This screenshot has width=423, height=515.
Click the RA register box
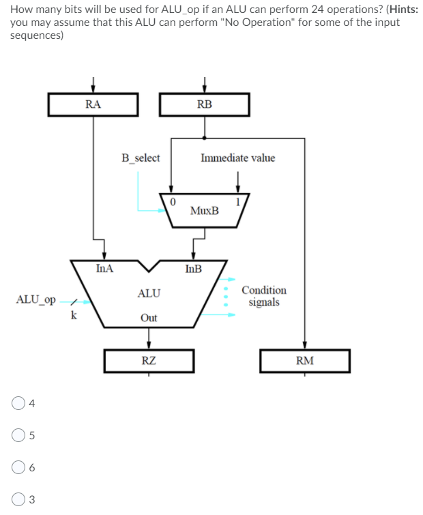(x=93, y=104)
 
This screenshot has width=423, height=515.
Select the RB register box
(x=204, y=104)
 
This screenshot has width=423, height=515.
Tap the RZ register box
(x=149, y=361)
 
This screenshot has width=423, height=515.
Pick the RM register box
(x=304, y=361)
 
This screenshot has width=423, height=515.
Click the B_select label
(x=141, y=158)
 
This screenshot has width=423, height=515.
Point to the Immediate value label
(x=238, y=158)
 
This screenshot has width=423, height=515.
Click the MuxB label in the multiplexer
(x=205, y=211)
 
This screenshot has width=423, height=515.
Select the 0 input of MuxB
(x=173, y=201)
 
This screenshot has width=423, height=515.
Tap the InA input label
(x=105, y=269)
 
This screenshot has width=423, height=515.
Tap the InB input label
(x=193, y=269)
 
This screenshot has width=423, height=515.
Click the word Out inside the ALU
(x=149, y=318)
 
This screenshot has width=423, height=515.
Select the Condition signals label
(x=264, y=296)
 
